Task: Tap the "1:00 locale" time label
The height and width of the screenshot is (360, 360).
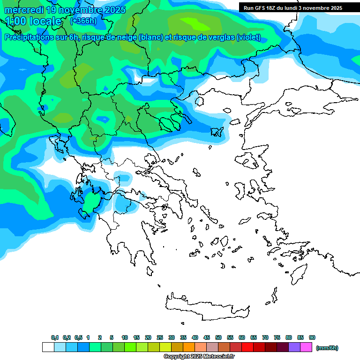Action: pos(33,21)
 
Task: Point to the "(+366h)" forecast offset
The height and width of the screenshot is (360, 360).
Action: pos(83,21)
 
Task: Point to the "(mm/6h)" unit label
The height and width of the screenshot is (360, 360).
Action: pos(327,348)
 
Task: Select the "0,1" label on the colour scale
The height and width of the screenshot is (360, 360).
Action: pos(55,337)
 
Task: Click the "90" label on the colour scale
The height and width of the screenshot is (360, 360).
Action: pos(312,337)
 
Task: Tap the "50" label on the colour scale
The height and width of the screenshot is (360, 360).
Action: pos(218,337)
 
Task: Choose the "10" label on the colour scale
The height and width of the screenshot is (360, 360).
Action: pos(125,337)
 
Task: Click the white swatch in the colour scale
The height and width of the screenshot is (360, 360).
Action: pos(48,347)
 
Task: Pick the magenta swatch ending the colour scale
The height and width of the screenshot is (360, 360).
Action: pos(306,347)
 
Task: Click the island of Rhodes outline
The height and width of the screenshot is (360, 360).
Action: pos(298,273)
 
